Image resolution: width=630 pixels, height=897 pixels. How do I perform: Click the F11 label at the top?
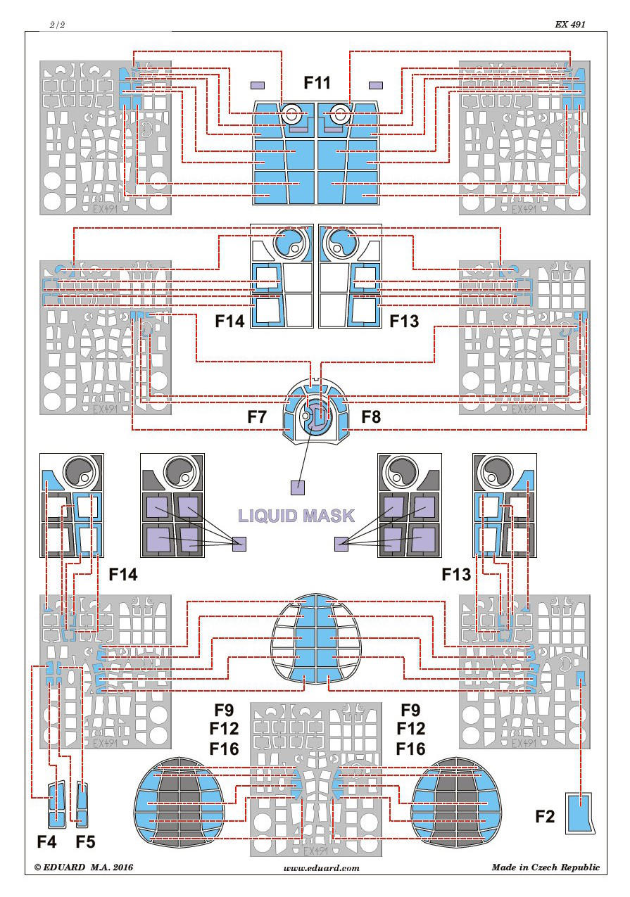click(317, 83)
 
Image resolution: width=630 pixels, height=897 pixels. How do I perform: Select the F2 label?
click(545, 817)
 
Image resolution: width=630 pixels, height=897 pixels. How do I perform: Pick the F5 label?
click(85, 841)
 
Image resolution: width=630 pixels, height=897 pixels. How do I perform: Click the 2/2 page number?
click(57, 25)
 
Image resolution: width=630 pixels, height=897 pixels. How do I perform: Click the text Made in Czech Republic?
click(546, 867)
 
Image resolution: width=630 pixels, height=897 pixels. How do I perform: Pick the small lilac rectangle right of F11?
click(377, 86)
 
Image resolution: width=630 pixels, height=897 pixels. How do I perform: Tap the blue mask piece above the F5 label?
click(82, 803)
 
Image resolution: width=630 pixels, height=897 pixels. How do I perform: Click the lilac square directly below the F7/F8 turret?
click(298, 486)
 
